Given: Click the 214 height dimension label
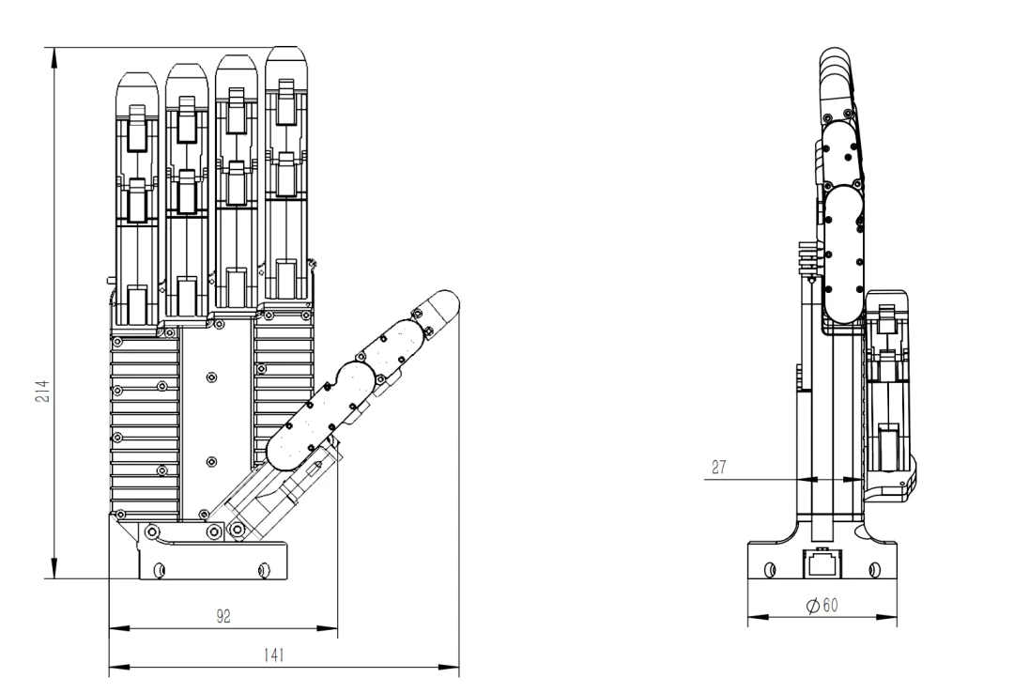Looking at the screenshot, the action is point(42,391).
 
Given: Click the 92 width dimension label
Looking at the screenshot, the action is point(223,617).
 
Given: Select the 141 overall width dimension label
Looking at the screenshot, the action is point(274,654).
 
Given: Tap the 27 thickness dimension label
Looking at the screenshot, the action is point(718,468).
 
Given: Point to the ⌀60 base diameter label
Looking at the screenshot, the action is point(822,606).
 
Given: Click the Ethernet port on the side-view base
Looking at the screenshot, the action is point(822,562).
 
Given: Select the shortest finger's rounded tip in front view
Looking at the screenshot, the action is point(137,85).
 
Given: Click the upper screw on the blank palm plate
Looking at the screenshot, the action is point(211,377).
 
